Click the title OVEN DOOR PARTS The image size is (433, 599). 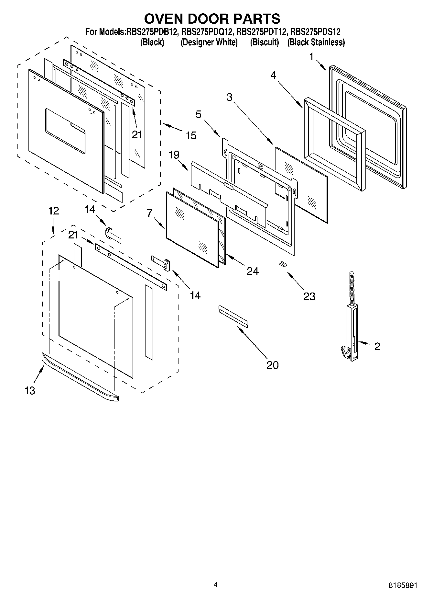(x=212, y=19)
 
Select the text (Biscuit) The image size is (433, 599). (x=264, y=42)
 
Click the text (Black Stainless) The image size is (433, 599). (x=316, y=42)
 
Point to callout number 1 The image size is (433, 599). (x=311, y=57)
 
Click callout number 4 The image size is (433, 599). (x=273, y=75)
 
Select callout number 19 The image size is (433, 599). (x=174, y=155)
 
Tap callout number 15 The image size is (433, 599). (x=191, y=135)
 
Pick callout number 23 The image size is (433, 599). (x=309, y=296)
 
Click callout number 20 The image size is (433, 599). (x=272, y=365)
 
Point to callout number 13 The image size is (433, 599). (x=30, y=391)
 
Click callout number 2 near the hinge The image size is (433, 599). (x=377, y=346)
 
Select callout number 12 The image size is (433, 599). (x=54, y=211)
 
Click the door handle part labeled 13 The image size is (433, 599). (x=79, y=377)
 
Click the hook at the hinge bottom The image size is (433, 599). (x=345, y=353)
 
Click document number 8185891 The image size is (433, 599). (x=403, y=585)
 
